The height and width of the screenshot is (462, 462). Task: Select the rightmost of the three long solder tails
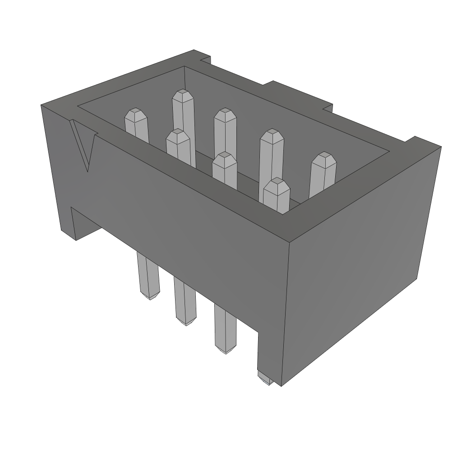coord(225,329)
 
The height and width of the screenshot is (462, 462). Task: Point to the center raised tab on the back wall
coord(298,93)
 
